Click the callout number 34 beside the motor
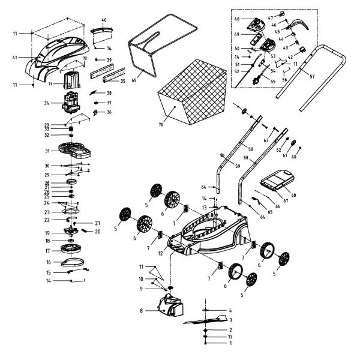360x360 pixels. click(x=46, y=104)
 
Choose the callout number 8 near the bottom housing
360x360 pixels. click(x=141, y=311)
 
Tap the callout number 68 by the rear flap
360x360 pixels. click(x=294, y=194)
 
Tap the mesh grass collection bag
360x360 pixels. click(x=193, y=102)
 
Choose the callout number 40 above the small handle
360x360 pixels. click(x=104, y=20)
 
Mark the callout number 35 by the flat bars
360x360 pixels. click(x=122, y=80)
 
